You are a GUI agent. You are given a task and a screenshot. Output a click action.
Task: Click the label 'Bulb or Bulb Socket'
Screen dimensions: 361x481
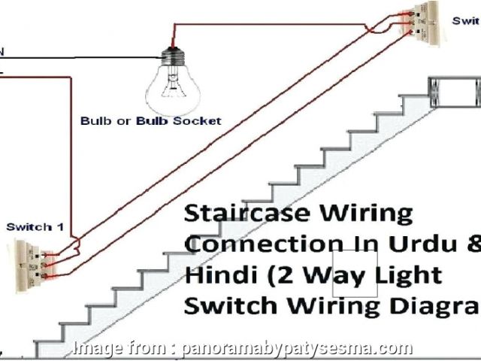point(150,120)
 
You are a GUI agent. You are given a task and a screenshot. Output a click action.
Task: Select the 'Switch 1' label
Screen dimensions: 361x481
point(29,226)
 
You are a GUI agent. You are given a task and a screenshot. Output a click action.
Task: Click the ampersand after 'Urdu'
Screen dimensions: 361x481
point(471,244)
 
